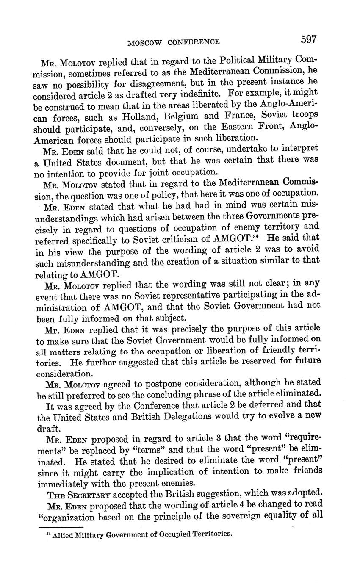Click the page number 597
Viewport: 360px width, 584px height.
tap(308, 39)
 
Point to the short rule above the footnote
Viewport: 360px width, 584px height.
tap(55, 527)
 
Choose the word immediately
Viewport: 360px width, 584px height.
tap(65, 483)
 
